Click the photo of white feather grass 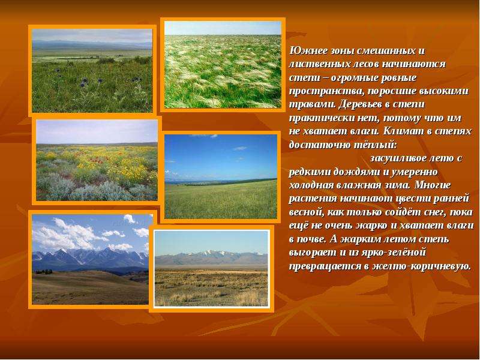point(223,65)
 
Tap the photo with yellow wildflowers point(97,160)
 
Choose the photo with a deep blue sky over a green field point(221,176)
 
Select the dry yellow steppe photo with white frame point(211,268)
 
